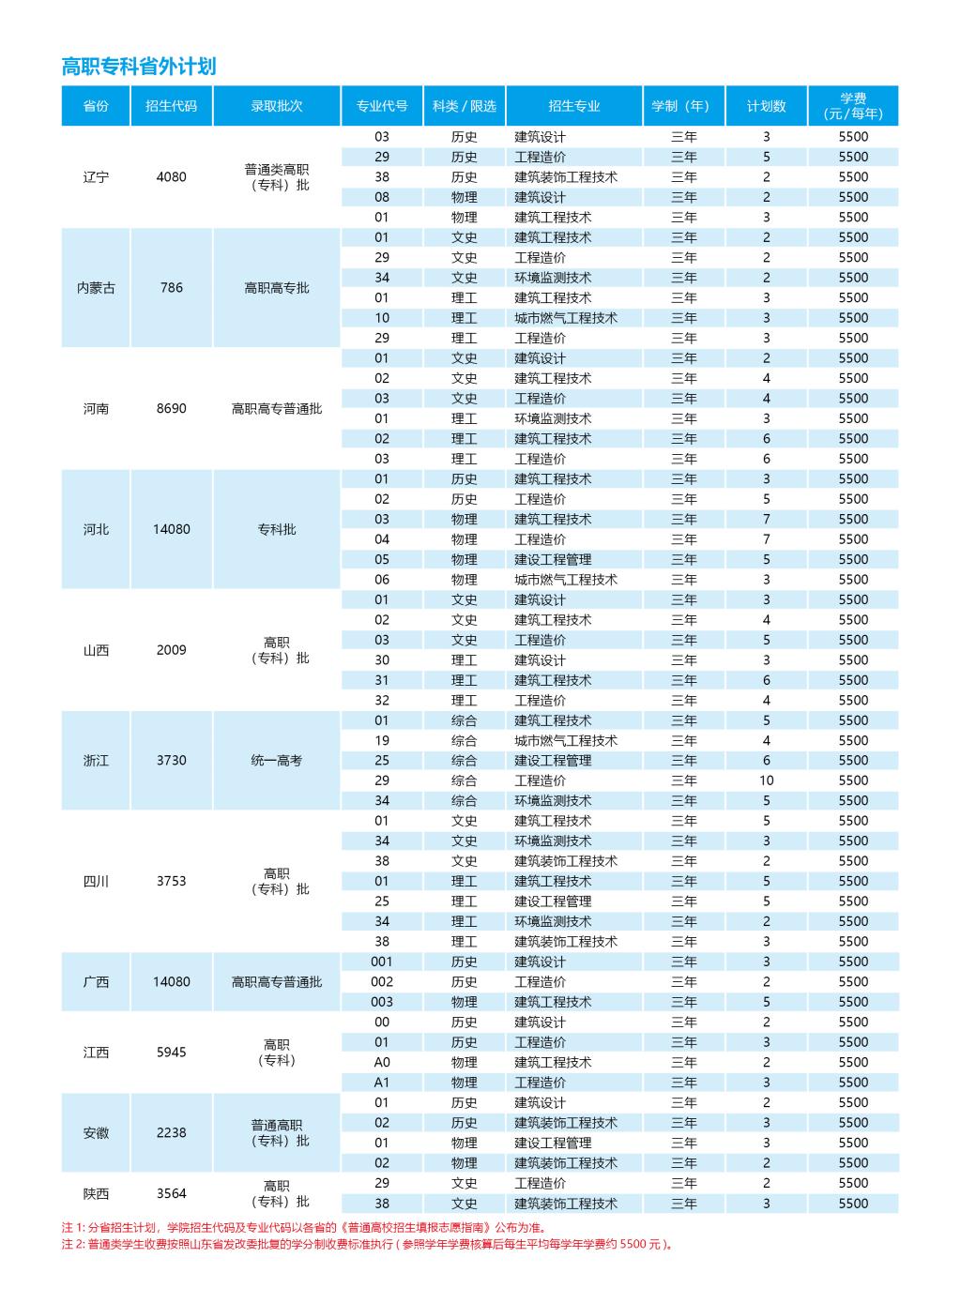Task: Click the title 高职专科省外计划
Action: point(139,66)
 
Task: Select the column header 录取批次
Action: point(276,106)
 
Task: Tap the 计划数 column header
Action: point(766,106)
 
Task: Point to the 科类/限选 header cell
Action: point(464,106)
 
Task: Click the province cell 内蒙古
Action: point(96,288)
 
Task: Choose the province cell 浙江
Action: point(96,761)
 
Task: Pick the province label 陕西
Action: point(96,1193)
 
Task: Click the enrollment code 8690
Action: point(172,409)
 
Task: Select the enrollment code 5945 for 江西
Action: point(172,1053)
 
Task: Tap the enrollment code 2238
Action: point(172,1132)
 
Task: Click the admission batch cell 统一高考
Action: point(276,761)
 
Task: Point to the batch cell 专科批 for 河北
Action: point(276,529)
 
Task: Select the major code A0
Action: point(382,1062)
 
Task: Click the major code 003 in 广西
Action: point(382,1002)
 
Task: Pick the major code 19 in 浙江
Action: point(382,740)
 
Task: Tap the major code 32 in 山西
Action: point(382,700)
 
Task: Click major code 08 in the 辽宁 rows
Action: point(382,197)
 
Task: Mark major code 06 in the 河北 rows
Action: point(382,580)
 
